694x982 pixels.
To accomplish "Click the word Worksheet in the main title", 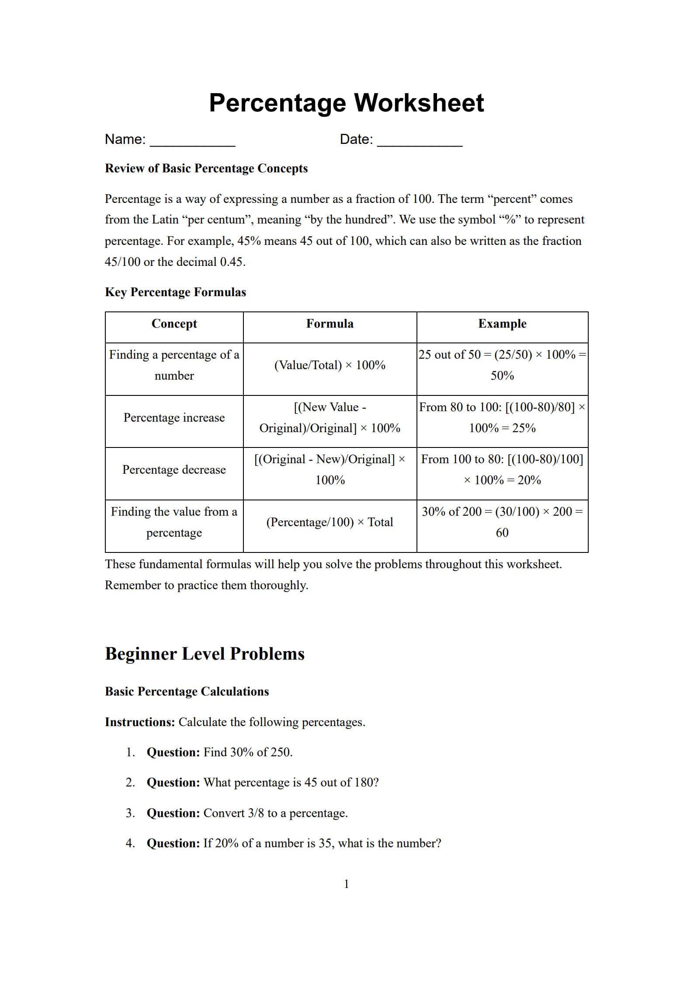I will (418, 103).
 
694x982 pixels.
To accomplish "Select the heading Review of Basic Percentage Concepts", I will (206, 168).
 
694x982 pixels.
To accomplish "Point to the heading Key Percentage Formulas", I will (175, 292).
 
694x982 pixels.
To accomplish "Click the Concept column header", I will (174, 324).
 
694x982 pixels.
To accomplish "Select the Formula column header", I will (330, 324).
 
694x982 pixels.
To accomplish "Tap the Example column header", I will (502, 324).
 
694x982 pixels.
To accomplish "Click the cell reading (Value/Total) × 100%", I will (330, 365).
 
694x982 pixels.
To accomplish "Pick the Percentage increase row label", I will (174, 418).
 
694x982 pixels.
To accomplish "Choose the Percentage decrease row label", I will (174, 470).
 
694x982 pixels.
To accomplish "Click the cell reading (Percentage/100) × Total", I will (330, 522).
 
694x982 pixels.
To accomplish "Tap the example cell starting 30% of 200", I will (502, 522).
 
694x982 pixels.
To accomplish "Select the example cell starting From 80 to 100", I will (502, 418).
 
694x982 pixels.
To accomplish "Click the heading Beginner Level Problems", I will (205, 654).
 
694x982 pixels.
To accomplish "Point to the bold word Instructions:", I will (140, 722).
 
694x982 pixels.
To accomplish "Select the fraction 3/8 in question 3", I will (256, 813).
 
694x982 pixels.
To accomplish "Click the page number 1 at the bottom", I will (347, 884).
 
